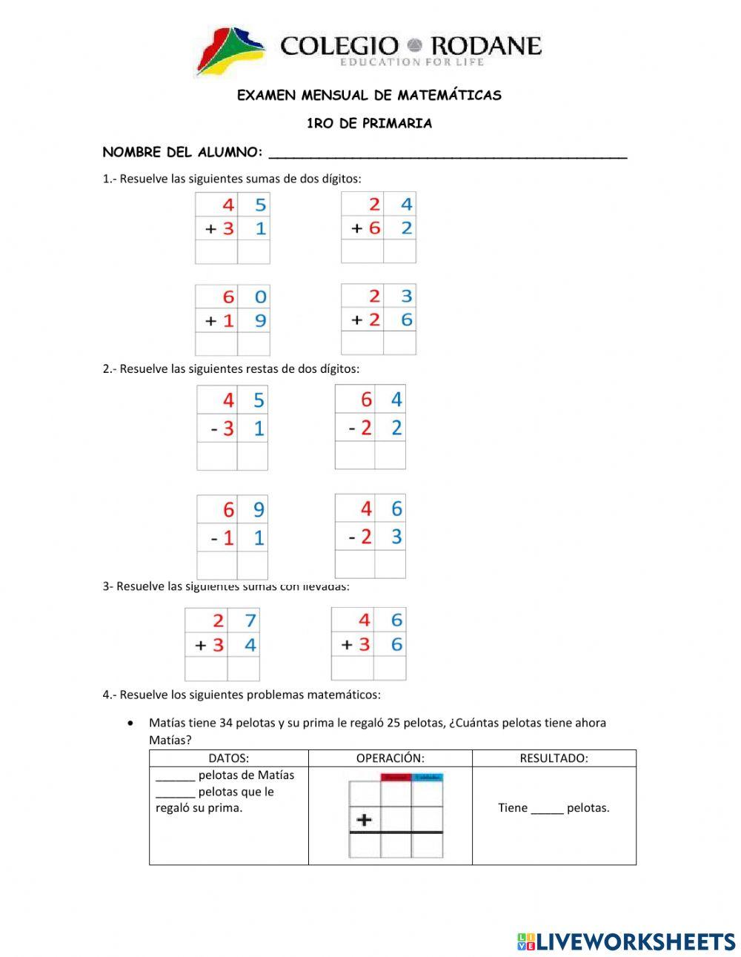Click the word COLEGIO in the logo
[339, 46]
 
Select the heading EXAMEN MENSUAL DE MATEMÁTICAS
[369, 96]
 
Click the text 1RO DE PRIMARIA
[369, 124]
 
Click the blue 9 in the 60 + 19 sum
[260, 321]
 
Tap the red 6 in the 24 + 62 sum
[374, 228]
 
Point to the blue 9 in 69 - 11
[259, 510]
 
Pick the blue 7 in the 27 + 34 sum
[250, 620]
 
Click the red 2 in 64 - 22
[365, 428]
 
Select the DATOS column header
[228, 758]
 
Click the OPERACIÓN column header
[390, 758]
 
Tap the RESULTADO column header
[554, 758]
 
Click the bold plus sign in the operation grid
[364, 820]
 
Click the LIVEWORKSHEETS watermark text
[635, 941]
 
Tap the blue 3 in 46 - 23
[396, 536]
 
